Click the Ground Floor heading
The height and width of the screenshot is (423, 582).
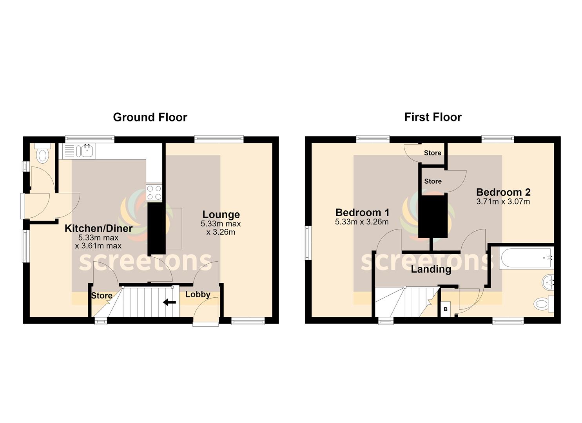[150, 117]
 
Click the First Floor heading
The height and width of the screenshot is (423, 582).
[433, 117]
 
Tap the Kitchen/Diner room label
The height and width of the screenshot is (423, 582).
[98, 228]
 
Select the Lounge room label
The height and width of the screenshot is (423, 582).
[221, 215]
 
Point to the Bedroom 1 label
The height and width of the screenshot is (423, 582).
[363, 213]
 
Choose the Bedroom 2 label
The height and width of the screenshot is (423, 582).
[503, 192]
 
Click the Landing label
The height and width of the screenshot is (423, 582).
[431, 269]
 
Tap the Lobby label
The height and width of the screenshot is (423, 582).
[198, 295]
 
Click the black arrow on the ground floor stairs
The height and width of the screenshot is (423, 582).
[169, 302]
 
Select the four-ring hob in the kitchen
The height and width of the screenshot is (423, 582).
[154, 193]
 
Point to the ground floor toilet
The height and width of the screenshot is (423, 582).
[42, 153]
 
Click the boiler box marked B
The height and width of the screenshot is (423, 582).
[446, 309]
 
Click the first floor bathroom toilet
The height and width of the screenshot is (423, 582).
[544, 304]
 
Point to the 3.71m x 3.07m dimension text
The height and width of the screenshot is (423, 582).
[503, 202]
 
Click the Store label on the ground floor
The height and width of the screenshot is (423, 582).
[102, 295]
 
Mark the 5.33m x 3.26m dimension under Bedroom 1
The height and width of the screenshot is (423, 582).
[362, 222]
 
